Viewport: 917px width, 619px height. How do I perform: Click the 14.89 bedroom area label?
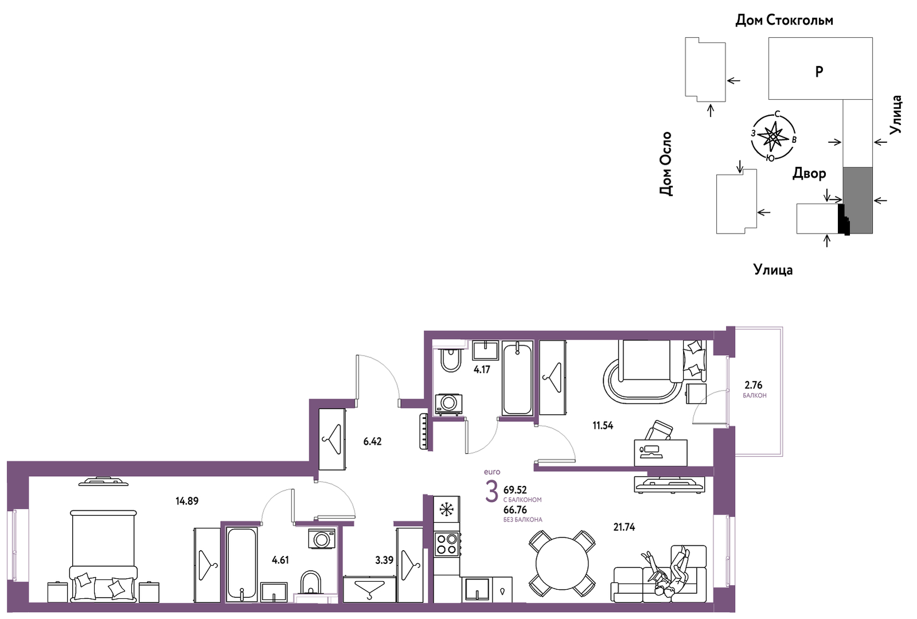point(187,501)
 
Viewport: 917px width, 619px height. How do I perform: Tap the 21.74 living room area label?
point(624,527)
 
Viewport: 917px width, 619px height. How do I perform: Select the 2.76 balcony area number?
point(753,386)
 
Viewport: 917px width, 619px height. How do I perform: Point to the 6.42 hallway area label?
point(372,441)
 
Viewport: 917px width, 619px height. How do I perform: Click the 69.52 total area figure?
point(515,489)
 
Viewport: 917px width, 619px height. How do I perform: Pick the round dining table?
point(562,563)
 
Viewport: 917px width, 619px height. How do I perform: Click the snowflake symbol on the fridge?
point(446,509)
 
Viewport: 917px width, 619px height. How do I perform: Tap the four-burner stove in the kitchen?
point(447,544)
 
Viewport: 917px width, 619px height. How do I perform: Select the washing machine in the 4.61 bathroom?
point(321,538)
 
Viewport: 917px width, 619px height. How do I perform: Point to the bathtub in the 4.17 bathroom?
point(517,378)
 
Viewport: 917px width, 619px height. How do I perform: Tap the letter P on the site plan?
point(819,72)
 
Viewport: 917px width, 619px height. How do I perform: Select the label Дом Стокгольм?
point(785,20)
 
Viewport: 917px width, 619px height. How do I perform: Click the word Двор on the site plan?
point(809,174)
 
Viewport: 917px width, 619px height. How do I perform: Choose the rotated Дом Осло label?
point(666,163)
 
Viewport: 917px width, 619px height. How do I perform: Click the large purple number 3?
point(491,491)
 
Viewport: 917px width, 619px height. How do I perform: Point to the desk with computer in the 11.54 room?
point(660,453)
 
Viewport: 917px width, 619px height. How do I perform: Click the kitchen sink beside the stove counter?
point(477,590)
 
